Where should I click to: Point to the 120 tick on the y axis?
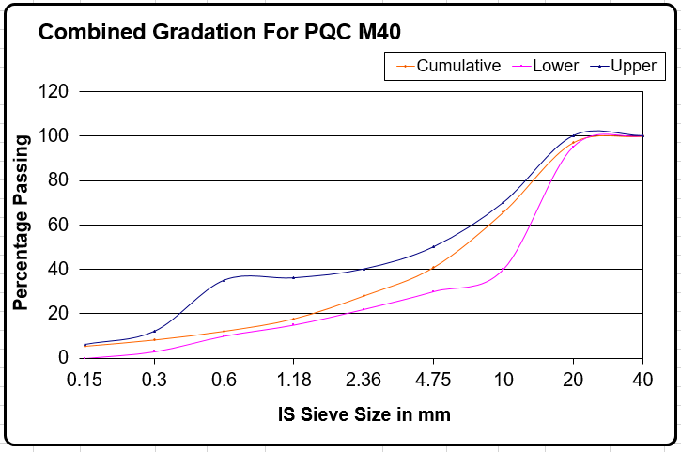(x=54, y=92)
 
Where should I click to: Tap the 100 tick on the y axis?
(x=54, y=136)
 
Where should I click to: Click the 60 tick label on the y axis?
(x=58, y=225)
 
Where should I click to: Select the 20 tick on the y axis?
(x=58, y=313)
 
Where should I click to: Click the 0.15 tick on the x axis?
(x=85, y=382)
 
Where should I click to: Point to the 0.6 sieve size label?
(x=224, y=382)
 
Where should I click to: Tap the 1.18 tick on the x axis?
(x=293, y=382)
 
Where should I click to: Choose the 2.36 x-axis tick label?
(x=364, y=382)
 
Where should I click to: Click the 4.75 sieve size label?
(x=433, y=382)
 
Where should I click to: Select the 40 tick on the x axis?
(x=642, y=382)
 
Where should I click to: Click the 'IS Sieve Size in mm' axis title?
(x=364, y=413)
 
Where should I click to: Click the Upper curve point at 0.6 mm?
(x=224, y=280)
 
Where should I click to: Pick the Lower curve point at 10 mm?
(x=503, y=270)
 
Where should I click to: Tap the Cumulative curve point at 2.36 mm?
(x=364, y=295)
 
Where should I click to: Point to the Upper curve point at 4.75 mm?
(x=433, y=247)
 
